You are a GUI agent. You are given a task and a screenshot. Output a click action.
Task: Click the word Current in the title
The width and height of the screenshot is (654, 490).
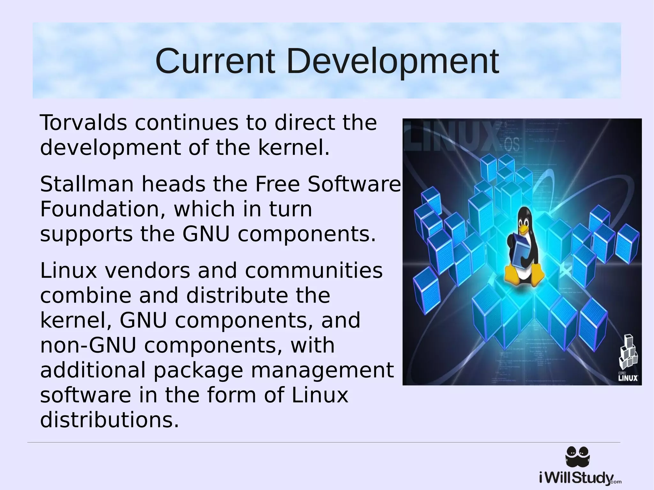215,61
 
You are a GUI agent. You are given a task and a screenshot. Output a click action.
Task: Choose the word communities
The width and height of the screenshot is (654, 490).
314,271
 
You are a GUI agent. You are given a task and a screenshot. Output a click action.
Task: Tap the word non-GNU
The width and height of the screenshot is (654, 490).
88,345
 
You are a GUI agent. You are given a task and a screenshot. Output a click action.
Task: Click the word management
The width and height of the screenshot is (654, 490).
322,370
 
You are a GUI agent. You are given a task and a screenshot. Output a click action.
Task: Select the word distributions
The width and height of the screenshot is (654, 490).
109,420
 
